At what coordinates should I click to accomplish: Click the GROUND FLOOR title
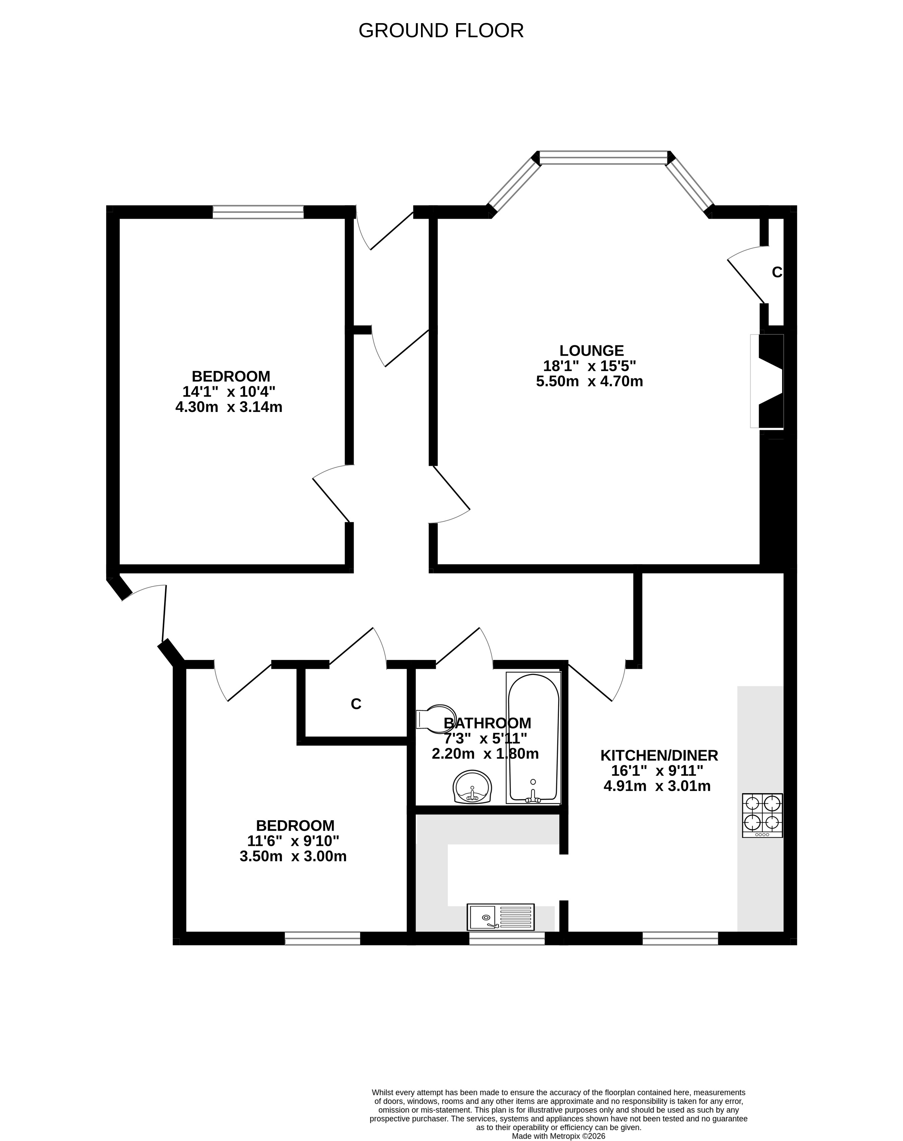click(441, 31)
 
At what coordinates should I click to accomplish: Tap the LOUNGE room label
click(592, 351)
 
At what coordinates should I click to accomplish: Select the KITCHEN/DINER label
click(659, 755)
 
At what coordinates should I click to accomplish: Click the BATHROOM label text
click(487, 723)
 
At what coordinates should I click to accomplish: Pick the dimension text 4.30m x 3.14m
click(228, 407)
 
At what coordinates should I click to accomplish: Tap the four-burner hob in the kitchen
click(762, 815)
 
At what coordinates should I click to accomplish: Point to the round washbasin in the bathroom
click(473, 787)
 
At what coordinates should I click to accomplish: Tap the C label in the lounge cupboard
click(777, 272)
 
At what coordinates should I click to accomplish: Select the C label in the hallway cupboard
click(356, 704)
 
